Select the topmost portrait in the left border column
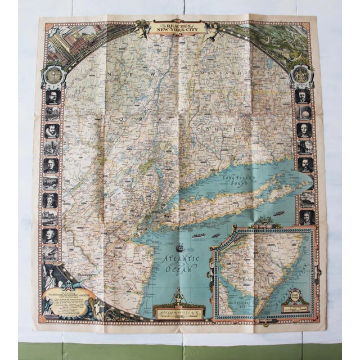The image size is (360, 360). pyautogui.click(x=52, y=97)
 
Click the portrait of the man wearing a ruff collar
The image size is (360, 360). pyautogui.click(x=52, y=131)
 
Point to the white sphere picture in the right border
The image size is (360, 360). pyautogui.click(x=304, y=113)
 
